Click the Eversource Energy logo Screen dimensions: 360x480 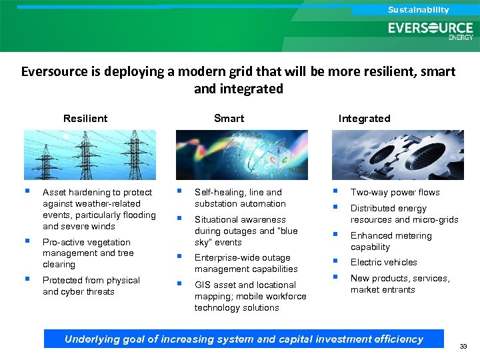431,30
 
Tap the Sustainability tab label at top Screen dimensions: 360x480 419,10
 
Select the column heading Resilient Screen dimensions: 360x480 85,119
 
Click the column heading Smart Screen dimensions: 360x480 229,119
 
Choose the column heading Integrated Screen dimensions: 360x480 364,119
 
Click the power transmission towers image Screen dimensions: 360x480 89,154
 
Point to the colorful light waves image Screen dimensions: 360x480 241,154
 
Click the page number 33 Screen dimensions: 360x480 463,347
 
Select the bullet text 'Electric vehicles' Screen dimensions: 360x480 383,263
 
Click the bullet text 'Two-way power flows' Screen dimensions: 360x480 395,193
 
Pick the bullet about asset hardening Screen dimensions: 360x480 99,209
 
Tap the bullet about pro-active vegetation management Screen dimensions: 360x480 87,253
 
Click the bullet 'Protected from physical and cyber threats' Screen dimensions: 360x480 91,286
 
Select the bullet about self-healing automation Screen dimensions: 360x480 239,198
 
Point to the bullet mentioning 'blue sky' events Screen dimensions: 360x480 245,231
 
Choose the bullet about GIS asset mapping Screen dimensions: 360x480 250,296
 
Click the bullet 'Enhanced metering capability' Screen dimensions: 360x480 391,241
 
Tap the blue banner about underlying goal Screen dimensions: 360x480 243,339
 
